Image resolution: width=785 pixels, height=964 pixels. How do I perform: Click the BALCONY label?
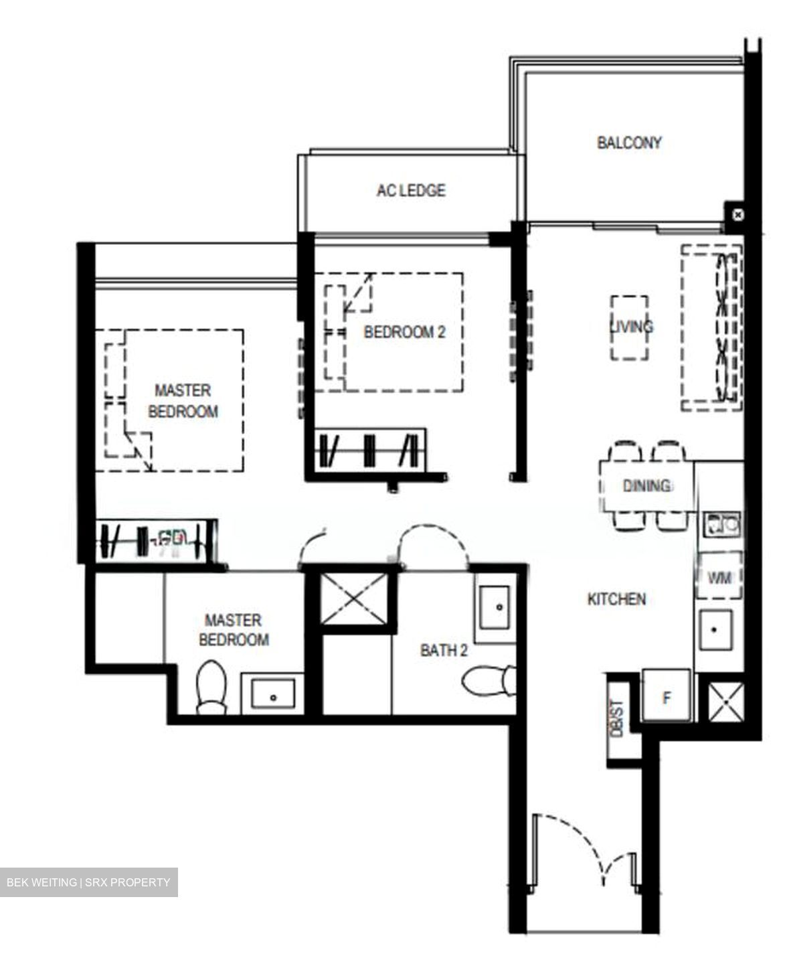[629, 143]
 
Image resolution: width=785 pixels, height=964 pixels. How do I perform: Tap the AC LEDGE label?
[410, 190]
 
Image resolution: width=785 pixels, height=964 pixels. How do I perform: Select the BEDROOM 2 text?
[404, 332]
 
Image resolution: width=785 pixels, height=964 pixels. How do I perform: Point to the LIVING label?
[630, 327]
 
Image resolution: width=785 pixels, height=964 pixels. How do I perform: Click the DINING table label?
[646, 486]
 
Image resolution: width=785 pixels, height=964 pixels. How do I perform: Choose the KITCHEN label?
[616, 599]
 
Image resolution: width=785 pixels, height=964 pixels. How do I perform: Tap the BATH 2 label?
[443, 650]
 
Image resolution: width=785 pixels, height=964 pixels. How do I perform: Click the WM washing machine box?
[719, 576]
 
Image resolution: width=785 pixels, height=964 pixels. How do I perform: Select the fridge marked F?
[667, 697]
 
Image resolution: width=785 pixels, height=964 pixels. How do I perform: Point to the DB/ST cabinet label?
[617, 719]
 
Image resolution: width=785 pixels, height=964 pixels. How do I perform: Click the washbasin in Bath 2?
[495, 606]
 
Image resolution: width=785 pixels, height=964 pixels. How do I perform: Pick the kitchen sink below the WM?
[715, 630]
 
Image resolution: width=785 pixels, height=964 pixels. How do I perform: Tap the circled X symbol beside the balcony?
[737, 215]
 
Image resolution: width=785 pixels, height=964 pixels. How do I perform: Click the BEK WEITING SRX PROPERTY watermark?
[88, 882]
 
